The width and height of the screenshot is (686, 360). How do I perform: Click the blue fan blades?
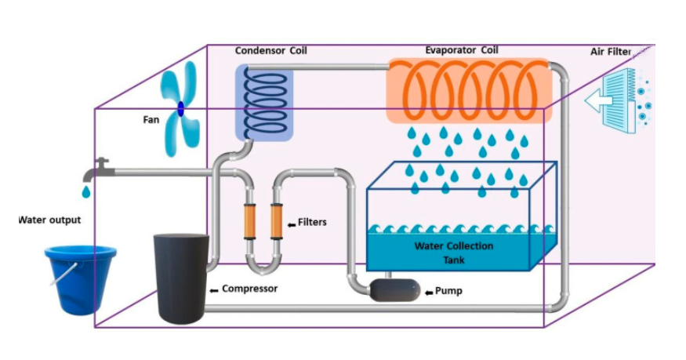[x=180, y=109]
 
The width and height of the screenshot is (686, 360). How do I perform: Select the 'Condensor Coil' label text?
[x=270, y=51]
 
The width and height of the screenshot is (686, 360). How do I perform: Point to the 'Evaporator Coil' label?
[x=461, y=50]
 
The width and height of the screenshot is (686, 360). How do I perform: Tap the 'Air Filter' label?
[x=610, y=52]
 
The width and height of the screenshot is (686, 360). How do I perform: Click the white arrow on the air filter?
[x=601, y=101]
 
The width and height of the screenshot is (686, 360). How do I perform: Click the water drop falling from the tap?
[x=86, y=191]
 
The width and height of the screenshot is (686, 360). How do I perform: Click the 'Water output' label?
[x=49, y=220]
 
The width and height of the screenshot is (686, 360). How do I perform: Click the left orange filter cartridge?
[x=249, y=222]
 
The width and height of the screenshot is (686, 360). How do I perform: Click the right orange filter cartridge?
[x=276, y=222]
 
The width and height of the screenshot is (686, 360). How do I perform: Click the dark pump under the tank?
[x=395, y=290]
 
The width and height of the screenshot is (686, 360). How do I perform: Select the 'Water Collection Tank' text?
[x=454, y=252]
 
